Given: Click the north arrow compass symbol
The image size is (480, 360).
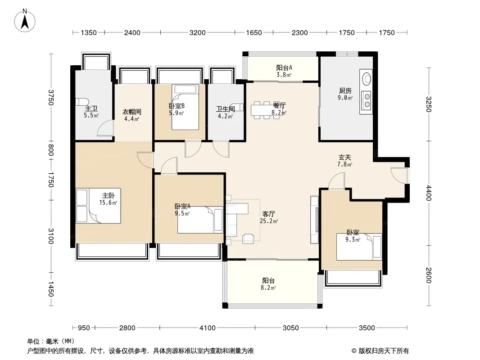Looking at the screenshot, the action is tap(25, 21).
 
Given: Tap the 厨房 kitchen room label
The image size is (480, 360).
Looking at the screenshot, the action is tap(345, 91).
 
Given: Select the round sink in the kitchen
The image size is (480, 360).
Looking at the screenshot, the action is tap(367, 78).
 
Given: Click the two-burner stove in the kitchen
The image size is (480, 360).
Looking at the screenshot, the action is tap(367, 101).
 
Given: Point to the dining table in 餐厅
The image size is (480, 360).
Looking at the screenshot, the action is tap(263, 110).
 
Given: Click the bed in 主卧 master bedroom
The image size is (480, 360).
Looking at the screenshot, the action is tap(98, 206).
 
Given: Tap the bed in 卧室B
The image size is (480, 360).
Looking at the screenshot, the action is tap(185, 107).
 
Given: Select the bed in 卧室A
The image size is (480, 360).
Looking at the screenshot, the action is tap(200, 220).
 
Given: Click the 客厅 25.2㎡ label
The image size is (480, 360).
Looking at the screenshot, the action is tap(268, 217).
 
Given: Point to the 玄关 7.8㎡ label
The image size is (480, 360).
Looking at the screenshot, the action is tap(345, 161).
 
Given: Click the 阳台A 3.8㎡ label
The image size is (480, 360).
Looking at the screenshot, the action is tap(284, 71).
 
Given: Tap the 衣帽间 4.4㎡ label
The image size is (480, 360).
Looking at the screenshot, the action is tap(131, 115).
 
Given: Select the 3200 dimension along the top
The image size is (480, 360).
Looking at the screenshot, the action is tap(198, 32).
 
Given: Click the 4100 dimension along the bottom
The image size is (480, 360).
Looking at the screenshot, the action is tap(207, 328).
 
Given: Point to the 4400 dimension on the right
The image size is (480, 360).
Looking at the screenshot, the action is tap(429, 193).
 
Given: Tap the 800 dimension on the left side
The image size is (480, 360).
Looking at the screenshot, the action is tap(51, 150).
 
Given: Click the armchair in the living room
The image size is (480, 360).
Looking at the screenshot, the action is tap(248, 238).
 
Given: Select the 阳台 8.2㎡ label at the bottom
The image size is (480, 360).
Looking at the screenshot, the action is tap(268, 284).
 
